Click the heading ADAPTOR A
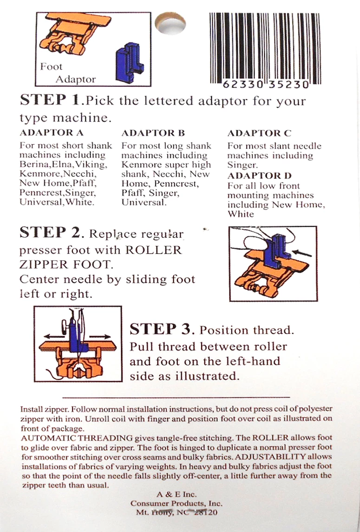coord(46,133)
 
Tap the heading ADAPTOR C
coord(259,133)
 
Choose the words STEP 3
coord(161,329)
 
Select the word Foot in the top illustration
coord(51,67)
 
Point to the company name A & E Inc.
coord(177,494)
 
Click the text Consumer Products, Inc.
coord(177,503)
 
